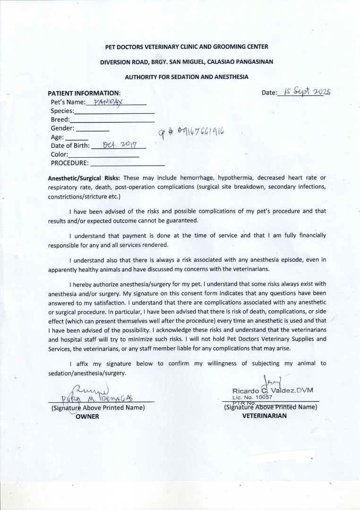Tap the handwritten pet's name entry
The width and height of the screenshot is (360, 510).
pos(108,102)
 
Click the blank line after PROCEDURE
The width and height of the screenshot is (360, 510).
pos(127,164)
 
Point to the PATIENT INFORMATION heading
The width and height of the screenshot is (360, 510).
pos(84,93)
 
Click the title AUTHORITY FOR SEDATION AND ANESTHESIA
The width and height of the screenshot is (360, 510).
pos(187,76)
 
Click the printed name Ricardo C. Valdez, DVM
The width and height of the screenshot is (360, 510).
pos(273,391)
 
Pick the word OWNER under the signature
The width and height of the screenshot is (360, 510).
pos(87,416)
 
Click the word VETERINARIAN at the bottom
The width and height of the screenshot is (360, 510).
pos(264,416)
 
